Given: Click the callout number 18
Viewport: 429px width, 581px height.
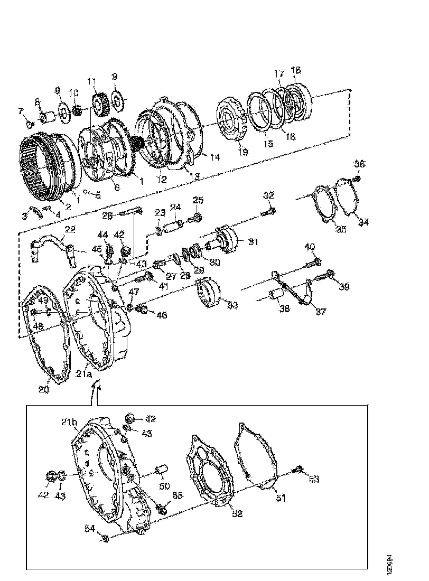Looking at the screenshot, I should coord(296,70).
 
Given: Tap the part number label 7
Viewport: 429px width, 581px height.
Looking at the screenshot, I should coord(21,111).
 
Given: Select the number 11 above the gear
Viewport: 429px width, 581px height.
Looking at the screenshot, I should coord(92,82).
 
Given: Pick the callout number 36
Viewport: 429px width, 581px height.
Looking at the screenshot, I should coord(359,164).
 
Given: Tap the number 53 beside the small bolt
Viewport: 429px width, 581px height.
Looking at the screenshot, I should coord(314,479).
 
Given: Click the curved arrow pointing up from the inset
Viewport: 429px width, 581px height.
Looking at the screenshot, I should coord(95,394).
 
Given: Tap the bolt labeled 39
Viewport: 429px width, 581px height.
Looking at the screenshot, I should coord(327,275).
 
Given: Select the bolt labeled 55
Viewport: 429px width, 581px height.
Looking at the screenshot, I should coord(162,509).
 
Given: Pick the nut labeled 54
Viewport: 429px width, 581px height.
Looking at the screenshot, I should coord(105,538).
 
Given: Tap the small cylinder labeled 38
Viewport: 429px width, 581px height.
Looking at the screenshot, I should coord(274,296).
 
